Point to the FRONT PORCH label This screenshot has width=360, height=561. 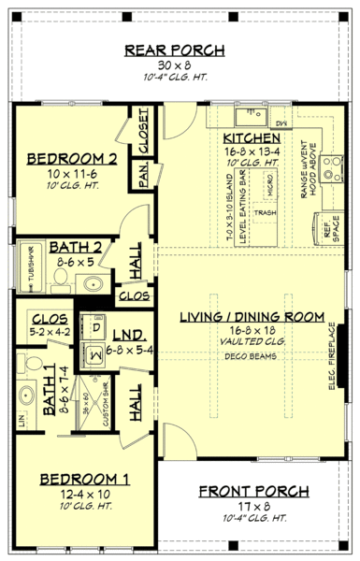[252, 491]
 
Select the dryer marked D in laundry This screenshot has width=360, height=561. [96, 327]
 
